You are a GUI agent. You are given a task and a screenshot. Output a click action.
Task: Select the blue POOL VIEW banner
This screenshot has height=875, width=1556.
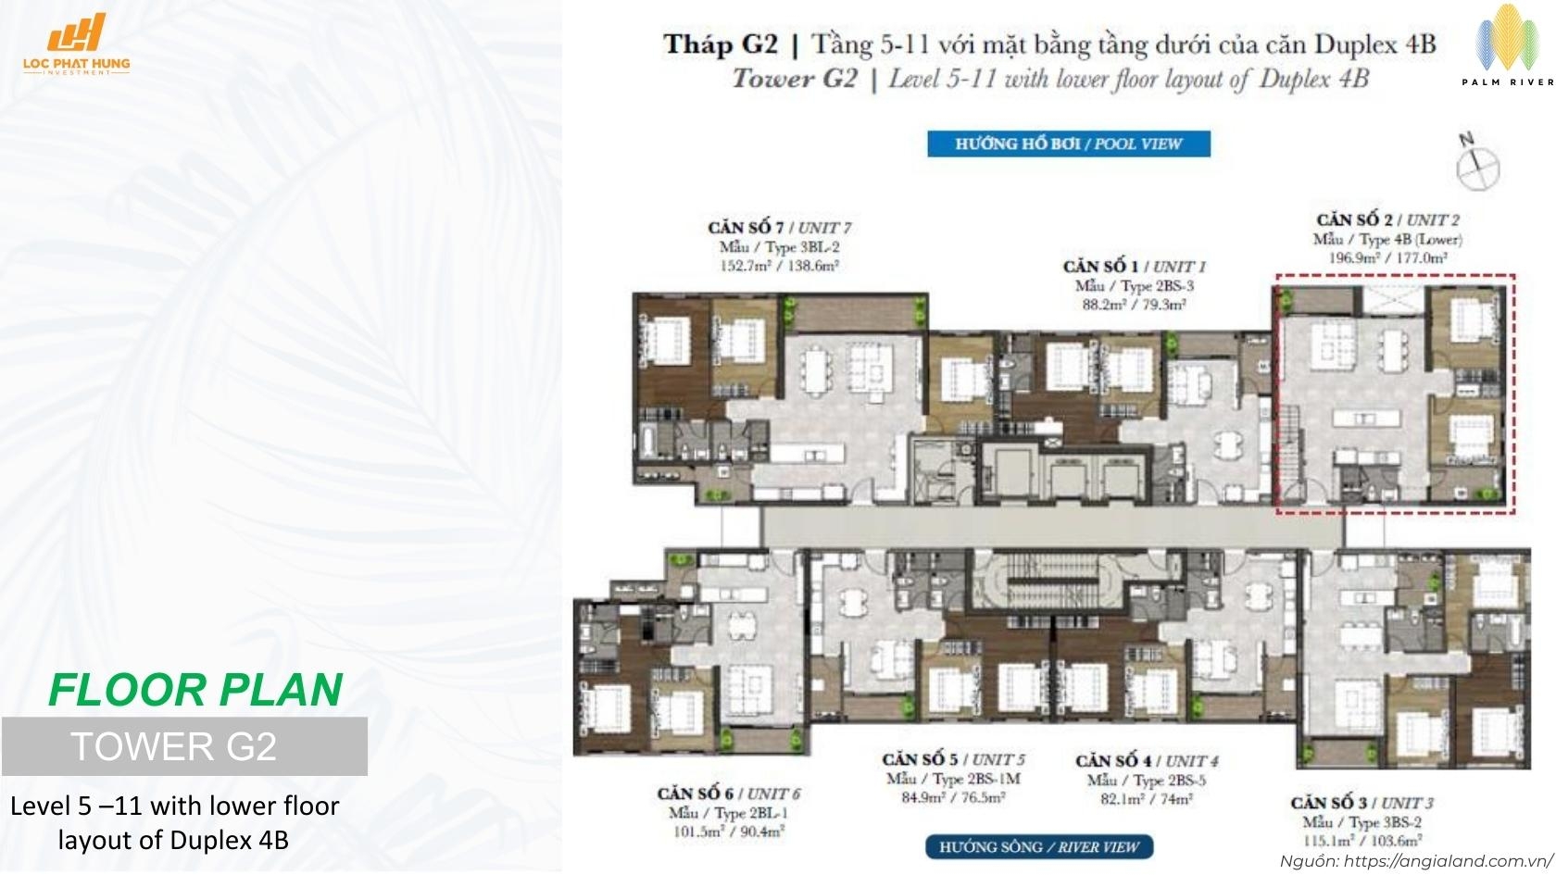click(1069, 144)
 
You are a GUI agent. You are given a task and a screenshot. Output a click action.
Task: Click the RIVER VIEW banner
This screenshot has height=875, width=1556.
click(1039, 846)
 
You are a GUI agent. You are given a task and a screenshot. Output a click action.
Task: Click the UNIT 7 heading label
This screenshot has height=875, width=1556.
click(779, 228)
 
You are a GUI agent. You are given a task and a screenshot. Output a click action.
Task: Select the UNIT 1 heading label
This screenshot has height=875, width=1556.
click(1134, 267)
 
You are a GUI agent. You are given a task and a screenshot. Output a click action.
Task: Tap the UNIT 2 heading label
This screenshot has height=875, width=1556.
click(1387, 220)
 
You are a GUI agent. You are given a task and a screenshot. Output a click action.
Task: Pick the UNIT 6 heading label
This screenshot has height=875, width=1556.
click(729, 794)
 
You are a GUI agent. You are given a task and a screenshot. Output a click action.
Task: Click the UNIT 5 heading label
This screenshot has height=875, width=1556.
click(953, 760)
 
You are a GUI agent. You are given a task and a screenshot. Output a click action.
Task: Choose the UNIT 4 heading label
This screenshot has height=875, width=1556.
click(1147, 761)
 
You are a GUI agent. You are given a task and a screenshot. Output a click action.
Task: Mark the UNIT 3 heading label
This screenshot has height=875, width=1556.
click(1361, 803)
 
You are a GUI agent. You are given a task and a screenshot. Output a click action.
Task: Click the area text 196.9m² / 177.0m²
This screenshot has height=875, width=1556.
click(1387, 258)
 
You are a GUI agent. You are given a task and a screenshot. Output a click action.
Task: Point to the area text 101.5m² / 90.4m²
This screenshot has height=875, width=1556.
click(729, 831)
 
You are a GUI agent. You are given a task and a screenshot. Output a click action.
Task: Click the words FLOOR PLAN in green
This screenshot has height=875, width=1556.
click(195, 690)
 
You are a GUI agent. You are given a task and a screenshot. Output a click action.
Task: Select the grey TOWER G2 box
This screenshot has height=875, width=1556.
click(184, 746)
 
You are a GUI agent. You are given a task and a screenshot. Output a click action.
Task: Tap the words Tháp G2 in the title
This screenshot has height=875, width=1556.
click(720, 44)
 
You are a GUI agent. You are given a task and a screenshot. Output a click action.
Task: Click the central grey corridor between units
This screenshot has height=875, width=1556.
click(1051, 530)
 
